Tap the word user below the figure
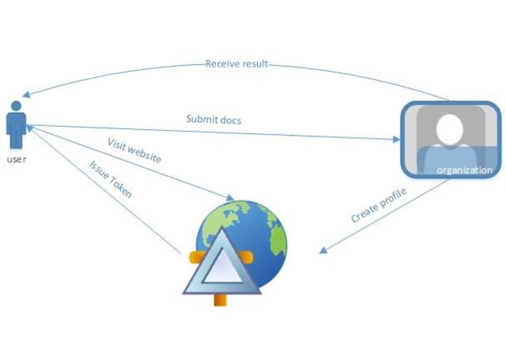(x=16, y=158)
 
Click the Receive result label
(x=237, y=63)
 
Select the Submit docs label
(x=213, y=120)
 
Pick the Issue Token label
(x=111, y=180)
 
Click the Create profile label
(x=379, y=206)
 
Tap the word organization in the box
(x=465, y=171)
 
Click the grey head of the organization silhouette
(x=451, y=130)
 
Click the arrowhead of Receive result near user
(x=25, y=95)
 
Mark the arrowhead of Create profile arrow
(x=323, y=251)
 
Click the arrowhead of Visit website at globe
(x=230, y=197)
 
